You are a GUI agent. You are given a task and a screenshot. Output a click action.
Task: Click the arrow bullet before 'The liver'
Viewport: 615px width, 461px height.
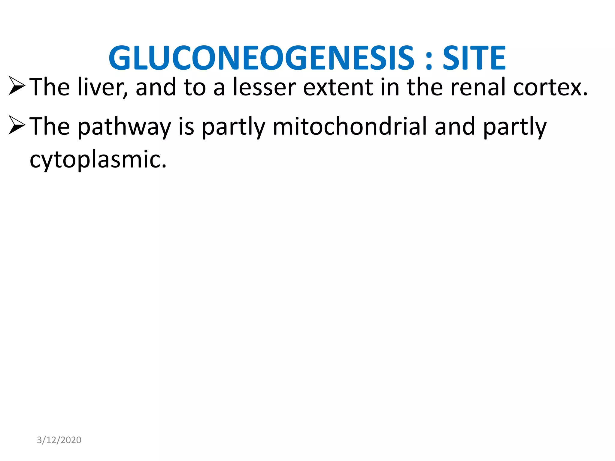17,86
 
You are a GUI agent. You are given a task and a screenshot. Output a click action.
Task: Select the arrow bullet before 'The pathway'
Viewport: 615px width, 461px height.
17,125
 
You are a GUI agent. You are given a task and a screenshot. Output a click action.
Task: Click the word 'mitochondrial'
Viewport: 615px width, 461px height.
350,127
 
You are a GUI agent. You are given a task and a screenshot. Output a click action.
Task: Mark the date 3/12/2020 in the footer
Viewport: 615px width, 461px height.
59,440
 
